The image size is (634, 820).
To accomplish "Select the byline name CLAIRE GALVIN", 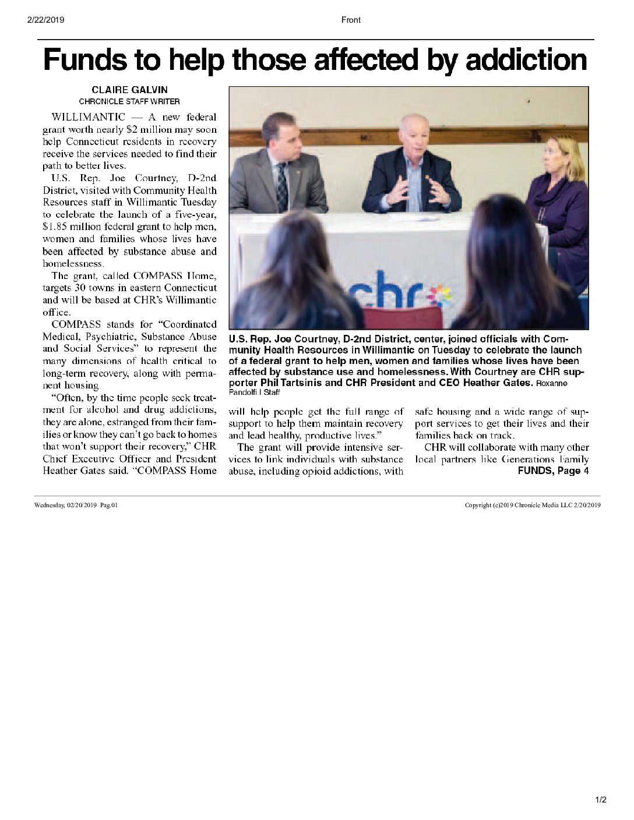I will coord(129,90).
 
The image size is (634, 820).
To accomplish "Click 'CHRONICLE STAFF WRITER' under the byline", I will coord(129,101).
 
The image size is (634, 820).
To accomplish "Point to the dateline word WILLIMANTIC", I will coord(88,118).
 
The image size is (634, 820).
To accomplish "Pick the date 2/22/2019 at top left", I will coord(45,20).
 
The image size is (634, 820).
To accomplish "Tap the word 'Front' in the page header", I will coord(351,20).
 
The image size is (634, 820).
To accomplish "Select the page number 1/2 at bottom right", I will coord(601,800).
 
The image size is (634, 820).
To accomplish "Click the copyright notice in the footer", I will coord(532,505).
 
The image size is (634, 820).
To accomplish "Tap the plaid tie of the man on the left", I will coord(282,186).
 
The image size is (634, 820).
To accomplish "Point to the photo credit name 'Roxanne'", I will coord(551,383).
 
